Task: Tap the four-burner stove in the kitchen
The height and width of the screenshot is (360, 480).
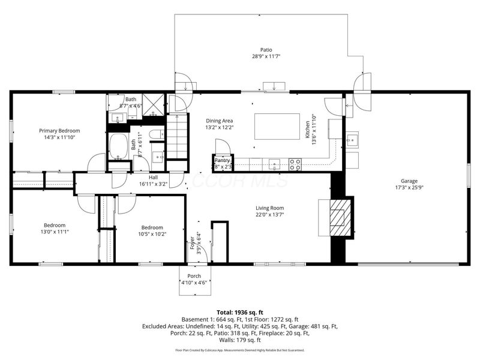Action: pos(295,162)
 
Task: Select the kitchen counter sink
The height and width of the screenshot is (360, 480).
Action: pos(275,163)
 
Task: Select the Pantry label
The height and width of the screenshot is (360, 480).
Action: pos(223,160)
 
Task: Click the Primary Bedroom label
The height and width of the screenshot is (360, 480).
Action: pos(59,130)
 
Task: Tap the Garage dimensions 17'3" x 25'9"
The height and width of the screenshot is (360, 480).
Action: pos(409,188)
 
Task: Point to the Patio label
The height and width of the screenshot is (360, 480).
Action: pos(266,50)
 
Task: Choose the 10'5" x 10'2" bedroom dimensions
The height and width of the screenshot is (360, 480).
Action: pos(152,234)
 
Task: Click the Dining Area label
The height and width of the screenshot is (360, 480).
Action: pos(220,121)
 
